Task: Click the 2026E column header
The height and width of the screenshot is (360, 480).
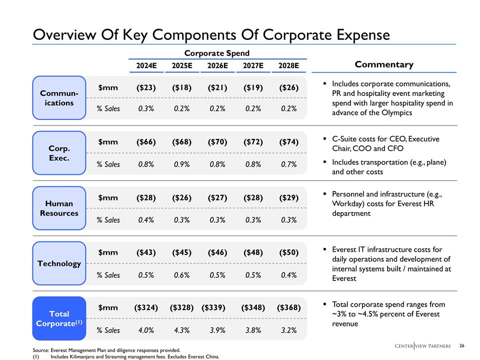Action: click(217, 65)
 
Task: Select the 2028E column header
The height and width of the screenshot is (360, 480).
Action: click(288, 65)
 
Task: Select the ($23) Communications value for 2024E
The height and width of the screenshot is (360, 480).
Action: click(146, 87)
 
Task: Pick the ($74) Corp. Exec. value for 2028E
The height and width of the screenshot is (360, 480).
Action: click(288, 142)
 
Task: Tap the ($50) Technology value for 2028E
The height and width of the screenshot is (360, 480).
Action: click(288, 252)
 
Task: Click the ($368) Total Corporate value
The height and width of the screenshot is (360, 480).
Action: click(288, 307)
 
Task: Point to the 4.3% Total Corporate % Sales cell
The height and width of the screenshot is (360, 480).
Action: click(182, 330)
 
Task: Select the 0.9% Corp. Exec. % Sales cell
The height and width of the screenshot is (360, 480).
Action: click(182, 164)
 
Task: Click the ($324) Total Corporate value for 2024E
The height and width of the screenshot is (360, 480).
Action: click(146, 307)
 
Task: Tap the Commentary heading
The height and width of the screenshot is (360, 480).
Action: click(384, 64)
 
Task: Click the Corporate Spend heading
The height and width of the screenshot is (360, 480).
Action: click(216, 53)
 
